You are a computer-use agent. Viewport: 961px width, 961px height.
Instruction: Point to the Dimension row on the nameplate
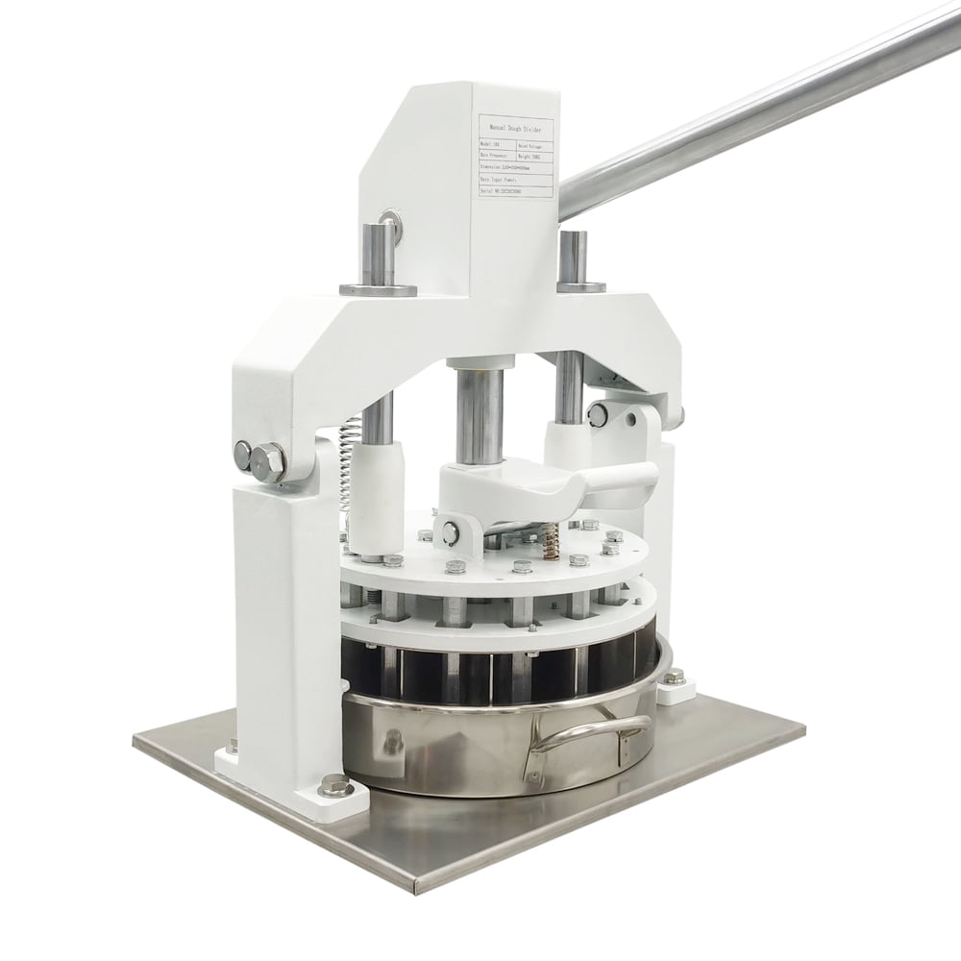(515, 164)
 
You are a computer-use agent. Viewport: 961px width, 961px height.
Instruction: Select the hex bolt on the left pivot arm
(268, 462)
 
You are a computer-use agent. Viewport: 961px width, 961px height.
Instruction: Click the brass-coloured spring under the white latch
(551, 542)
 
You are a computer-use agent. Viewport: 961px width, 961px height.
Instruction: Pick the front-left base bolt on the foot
(334, 785)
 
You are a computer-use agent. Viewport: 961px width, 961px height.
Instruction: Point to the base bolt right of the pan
(675, 678)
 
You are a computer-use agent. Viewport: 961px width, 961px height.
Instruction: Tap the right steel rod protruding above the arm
(573, 257)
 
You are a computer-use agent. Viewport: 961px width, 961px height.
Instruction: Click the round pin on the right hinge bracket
(598, 415)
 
